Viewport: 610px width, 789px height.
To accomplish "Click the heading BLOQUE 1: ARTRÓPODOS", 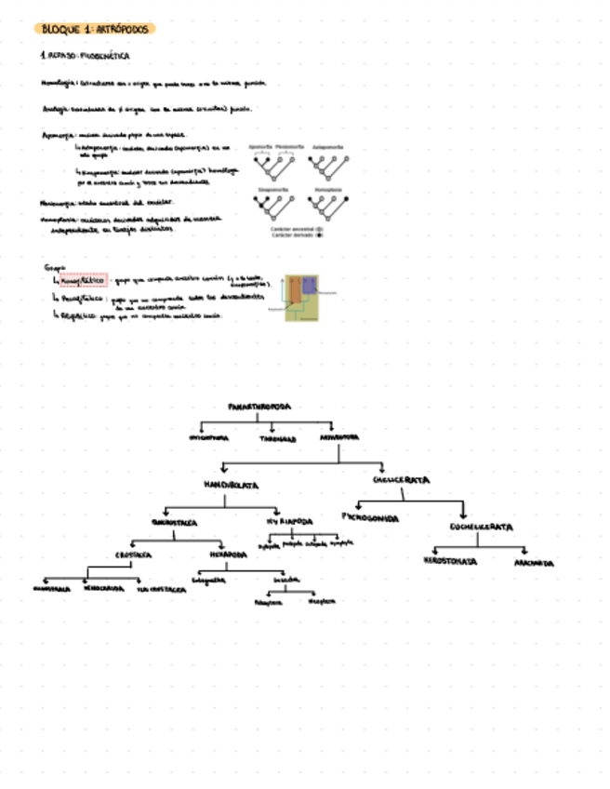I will [x=94, y=29].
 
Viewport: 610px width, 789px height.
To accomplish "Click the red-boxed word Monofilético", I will [x=85, y=278].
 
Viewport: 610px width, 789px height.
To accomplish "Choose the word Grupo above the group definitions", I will [x=55, y=267].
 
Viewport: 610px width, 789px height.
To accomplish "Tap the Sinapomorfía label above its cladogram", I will [x=272, y=189].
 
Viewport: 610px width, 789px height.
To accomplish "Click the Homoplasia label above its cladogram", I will [x=327, y=189].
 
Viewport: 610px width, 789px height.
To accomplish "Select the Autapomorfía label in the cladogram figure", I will [x=327, y=146].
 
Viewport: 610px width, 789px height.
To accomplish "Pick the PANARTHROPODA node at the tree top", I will [x=259, y=407].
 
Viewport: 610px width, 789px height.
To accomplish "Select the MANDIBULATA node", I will [x=231, y=485].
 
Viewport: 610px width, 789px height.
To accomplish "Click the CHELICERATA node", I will [x=401, y=480].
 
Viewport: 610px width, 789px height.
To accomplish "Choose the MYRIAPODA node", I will [x=290, y=522].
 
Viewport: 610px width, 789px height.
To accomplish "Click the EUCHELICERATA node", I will [x=481, y=528].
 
